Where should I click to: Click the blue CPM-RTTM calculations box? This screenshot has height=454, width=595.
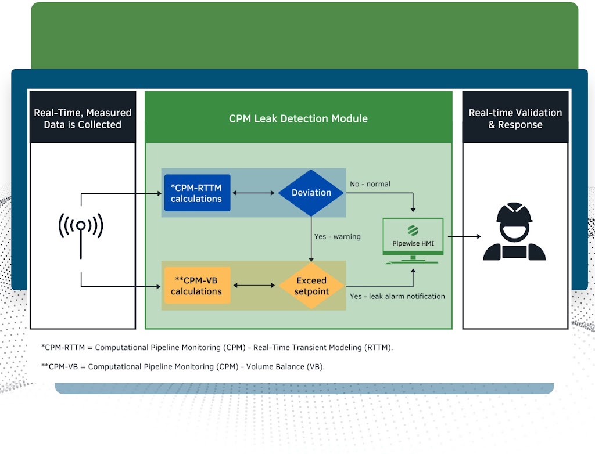click(197, 193)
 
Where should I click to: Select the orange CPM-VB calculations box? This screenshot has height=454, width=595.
click(197, 286)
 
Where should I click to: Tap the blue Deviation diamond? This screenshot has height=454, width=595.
click(311, 193)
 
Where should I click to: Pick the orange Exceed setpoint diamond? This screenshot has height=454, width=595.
click(311, 286)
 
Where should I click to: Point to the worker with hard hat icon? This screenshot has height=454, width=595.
click(514, 232)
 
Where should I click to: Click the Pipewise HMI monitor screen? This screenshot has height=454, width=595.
click(413, 236)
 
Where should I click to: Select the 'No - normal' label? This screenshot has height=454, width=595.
click(370, 184)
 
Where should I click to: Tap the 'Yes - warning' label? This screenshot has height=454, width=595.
click(338, 237)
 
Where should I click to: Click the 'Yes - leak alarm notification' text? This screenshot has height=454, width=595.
click(397, 296)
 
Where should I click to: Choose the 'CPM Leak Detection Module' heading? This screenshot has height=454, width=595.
click(298, 118)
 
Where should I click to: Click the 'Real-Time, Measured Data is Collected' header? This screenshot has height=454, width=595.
click(83, 118)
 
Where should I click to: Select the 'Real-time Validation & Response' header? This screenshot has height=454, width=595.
click(515, 118)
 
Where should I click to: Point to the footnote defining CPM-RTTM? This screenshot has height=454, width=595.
click(217, 348)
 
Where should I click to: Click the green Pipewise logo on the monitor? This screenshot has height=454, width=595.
click(413, 229)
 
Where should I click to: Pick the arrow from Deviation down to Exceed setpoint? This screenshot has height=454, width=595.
click(311, 238)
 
